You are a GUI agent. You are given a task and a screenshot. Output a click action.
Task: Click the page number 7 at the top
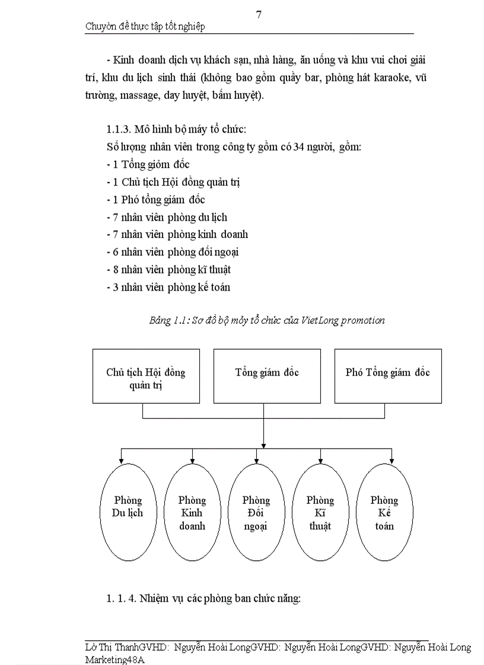pyautogui.click(x=259, y=15)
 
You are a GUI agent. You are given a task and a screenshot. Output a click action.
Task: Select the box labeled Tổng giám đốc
pyautogui.click(x=266, y=376)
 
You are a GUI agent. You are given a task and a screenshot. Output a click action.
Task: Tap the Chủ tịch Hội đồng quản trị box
pyautogui.click(x=146, y=376)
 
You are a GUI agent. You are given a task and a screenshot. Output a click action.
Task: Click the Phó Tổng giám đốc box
pyautogui.click(x=388, y=376)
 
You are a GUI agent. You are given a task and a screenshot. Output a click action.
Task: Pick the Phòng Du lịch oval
pyautogui.click(x=128, y=512)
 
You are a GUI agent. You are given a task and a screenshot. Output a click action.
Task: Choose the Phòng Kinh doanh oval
pyautogui.click(x=192, y=512)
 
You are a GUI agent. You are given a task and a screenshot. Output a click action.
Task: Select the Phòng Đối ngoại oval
pyautogui.click(x=256, y=512)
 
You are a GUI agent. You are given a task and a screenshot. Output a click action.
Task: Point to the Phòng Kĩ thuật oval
pyautogui.click(x=320, y=512)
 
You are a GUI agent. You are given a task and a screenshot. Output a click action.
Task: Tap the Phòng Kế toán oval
pyautogui.click(x=384, y=512)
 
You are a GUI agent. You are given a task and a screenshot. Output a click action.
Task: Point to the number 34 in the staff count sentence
pyautogui.click(x=310, y=147)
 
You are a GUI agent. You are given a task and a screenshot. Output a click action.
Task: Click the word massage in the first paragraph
pyautogui.click(x=136, y=95)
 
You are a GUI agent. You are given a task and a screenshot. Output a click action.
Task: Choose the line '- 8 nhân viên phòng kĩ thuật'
pyautogui.click(x=168, y=269)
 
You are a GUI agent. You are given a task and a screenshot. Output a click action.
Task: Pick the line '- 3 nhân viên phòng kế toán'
pyautogui.click(x=168, y=287)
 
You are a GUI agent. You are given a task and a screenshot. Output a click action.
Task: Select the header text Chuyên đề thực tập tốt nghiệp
pyautogui.click(x=145, y=27)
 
